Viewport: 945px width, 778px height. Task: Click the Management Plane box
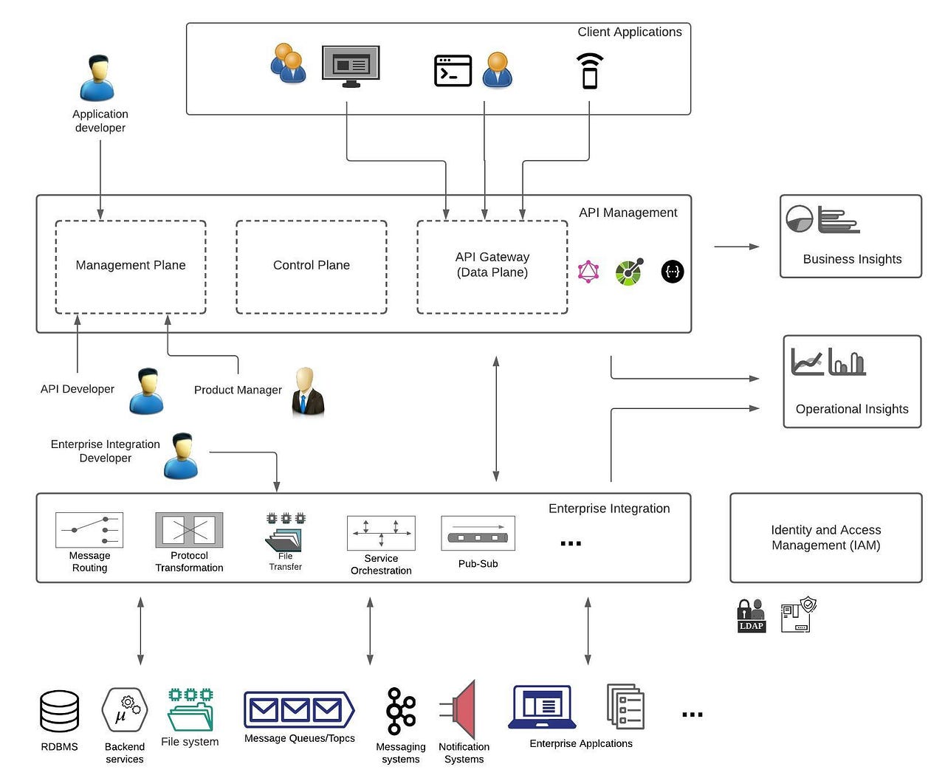pyautogui.click(x=131, y=266)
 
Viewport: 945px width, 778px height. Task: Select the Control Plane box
pyautogui.click(x=311, y=266)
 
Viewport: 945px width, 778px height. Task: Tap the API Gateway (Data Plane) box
pyautogui.click(x=492, y=266)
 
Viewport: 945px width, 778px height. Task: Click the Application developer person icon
pyautogui.click(x=97, y=78)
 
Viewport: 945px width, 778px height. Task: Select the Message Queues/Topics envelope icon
pyautogui.click(x=298, y=710)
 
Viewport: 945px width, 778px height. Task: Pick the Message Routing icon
pyautogui.click(x=89, y=530)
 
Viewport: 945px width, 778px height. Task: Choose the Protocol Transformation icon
pyautogui.click(x=189, y=530)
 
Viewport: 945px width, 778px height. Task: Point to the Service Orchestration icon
pyautogui.click(x=381, y=533)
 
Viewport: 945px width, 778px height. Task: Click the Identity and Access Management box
pyautogui.click(x=825, y=538)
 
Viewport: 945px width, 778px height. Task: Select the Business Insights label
pyautogui.click(x=852, y=259)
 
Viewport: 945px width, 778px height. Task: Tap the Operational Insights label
pyautogui.click(x=852, y=409)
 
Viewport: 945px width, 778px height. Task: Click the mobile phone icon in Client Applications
pyautogui.click(x=589, y=71)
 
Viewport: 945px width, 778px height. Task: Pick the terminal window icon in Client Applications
pyautogui.click(x=453, y=71)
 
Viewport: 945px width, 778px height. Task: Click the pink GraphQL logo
pyautogui.click(x=588, y=272)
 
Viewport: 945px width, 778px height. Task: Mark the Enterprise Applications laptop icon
pyautogui.click(x=543, y=707)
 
